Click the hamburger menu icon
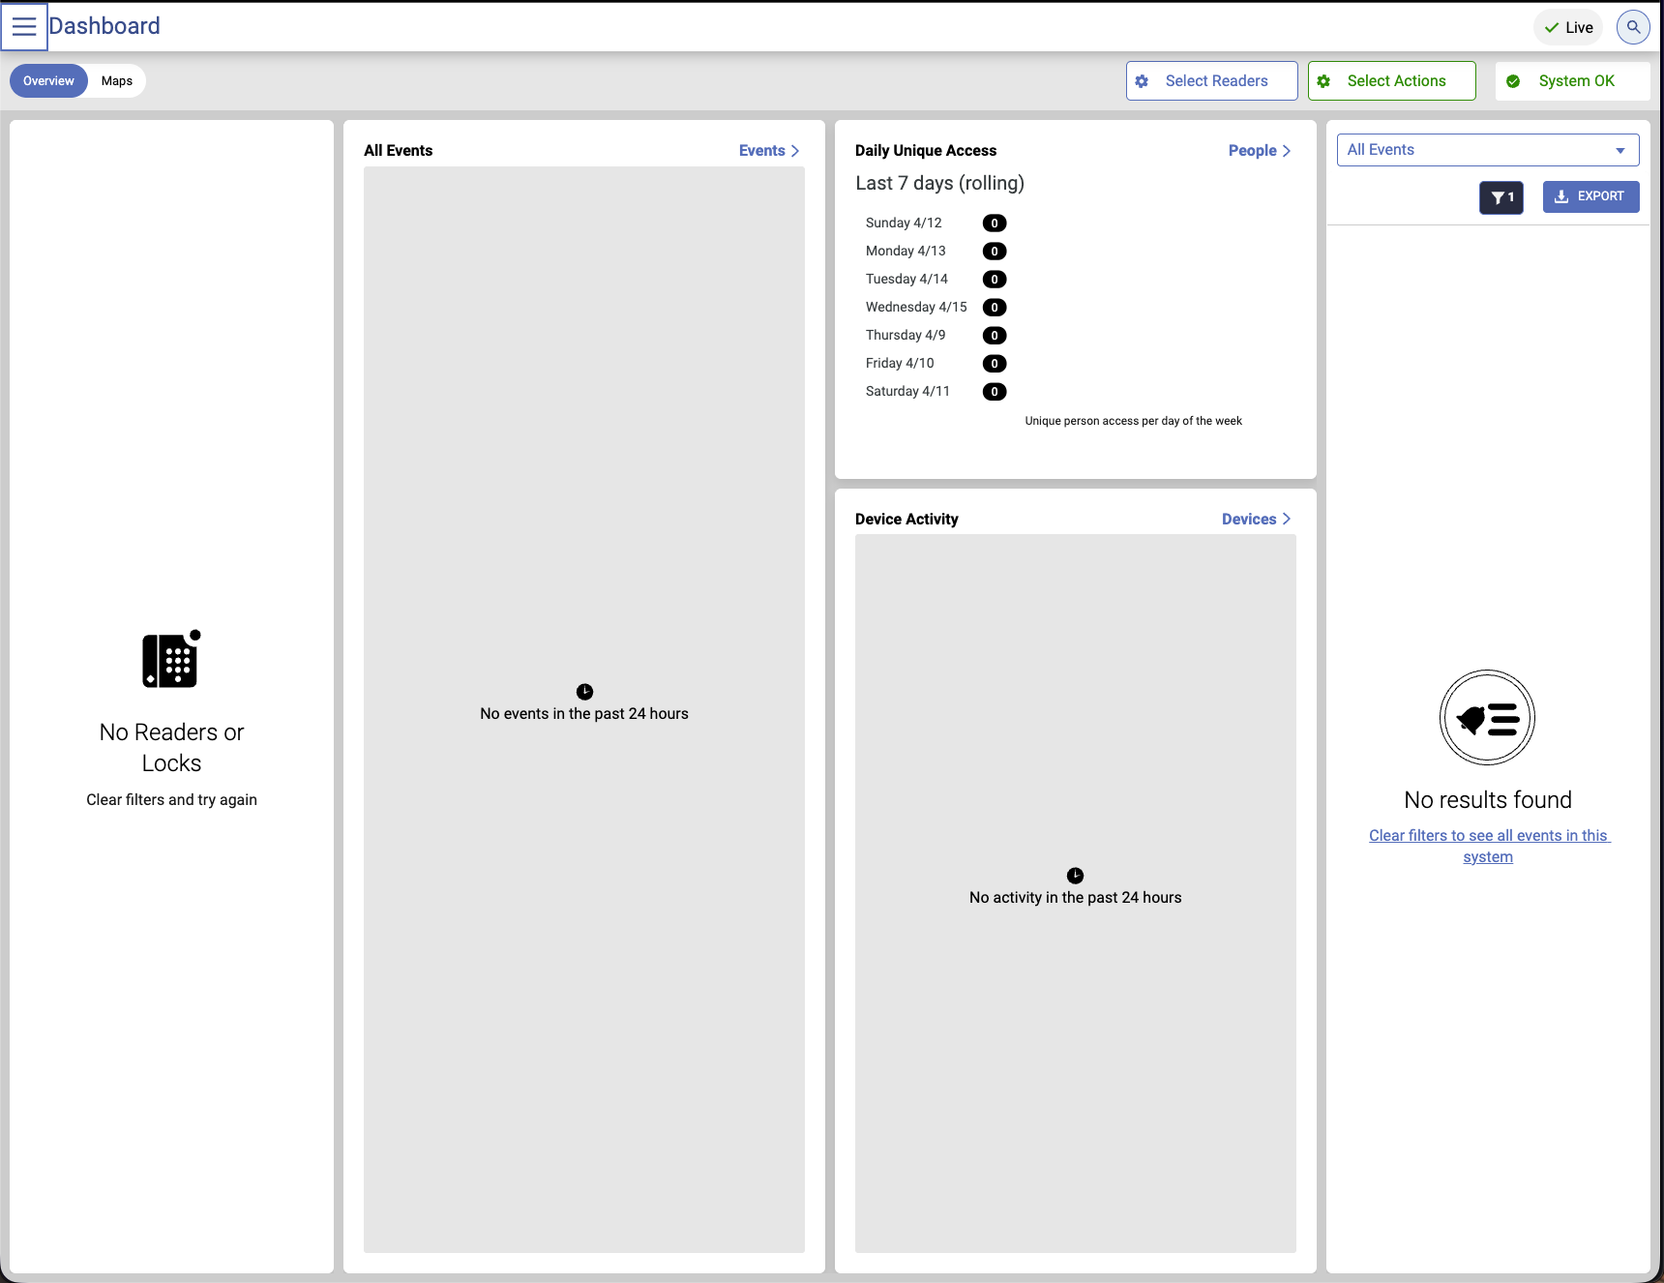[x=24, y=26]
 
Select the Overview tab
[x=48, y=81]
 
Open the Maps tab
[x=117, y=81]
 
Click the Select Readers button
[x=1211, y=81]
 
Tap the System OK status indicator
[x=1572, y=81]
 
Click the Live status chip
[x=1568, y=27]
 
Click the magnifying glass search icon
[x=1633, y=27]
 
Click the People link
[x=1260, y=151]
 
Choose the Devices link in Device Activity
[x=1256, y=520]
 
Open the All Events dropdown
[x=1488, y=150]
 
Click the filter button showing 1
[x=1501, y=197]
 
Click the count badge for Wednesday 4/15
[x=995, y=308]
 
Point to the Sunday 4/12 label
[x=904, y=224]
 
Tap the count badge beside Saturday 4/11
[x=995, y=392]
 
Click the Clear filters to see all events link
[x=1488, y=847]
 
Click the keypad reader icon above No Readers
[x=171, y=659]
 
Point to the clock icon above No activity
[x=1075, y=876]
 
